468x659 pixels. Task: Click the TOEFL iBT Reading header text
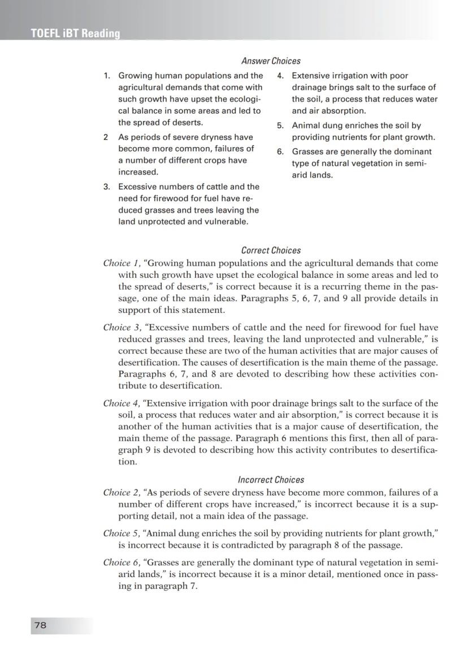[x=75, y=34]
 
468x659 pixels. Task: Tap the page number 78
[x=40, y=624]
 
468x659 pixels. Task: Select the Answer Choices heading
[x=271, y=61]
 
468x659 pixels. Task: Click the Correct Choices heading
[x=271, y=250]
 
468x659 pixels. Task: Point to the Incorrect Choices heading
[x=271, y=480]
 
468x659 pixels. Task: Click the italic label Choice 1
[x=120, y=264]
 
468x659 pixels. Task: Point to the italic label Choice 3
[x=121, y=328]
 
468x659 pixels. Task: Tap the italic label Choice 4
[x=121, y=403]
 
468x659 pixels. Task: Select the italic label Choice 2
[x=121, y=493]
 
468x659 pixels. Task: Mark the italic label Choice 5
[x=121, y=533]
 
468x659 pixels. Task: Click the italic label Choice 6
[x=121, y=563]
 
